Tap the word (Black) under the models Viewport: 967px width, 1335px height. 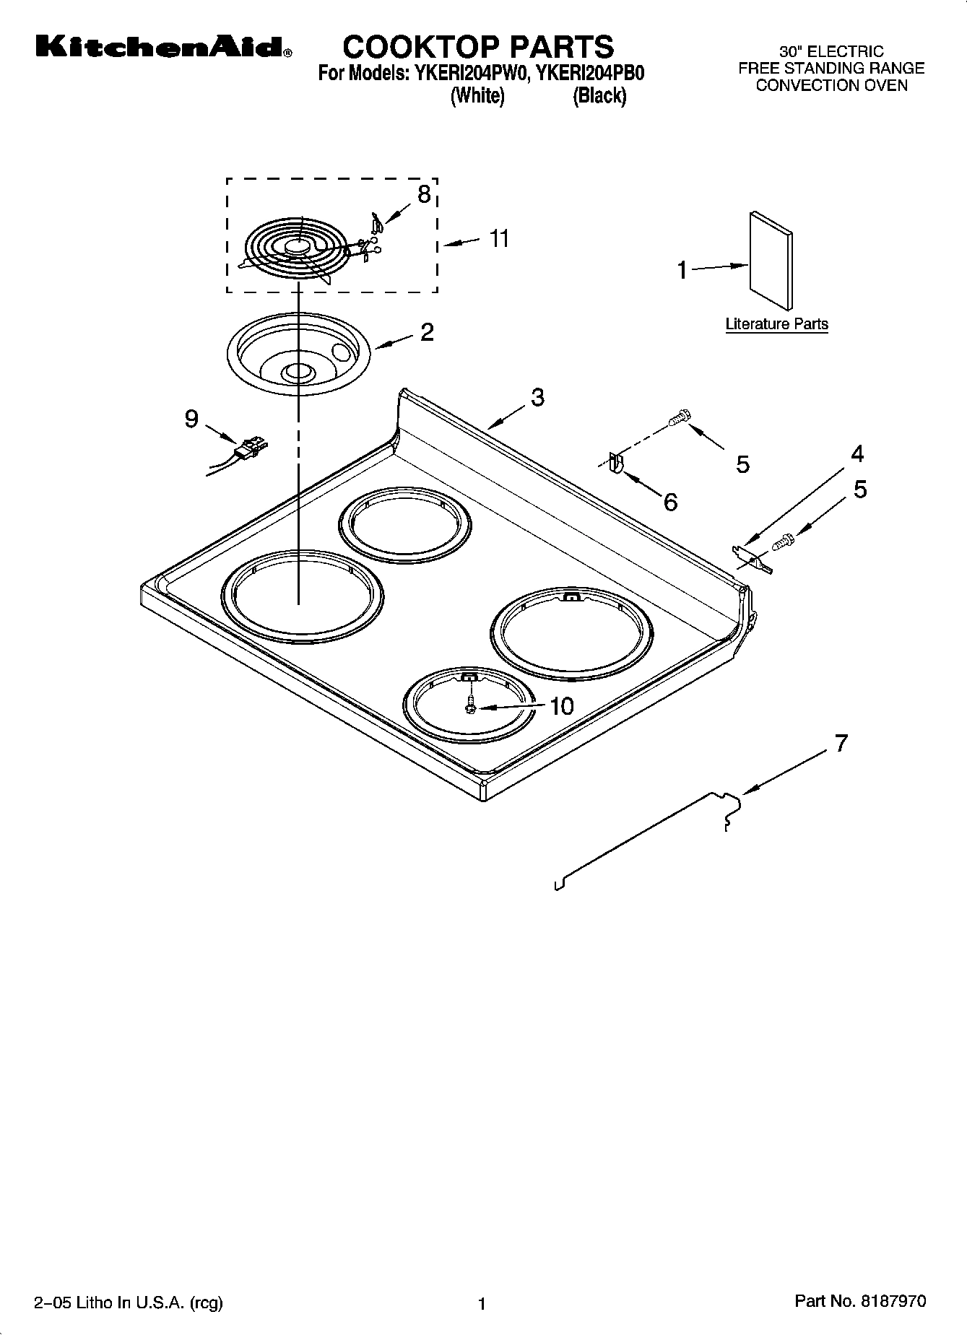pyautogui.click(x=599, y=97)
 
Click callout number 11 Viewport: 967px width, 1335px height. pyautogui.click(x=499, y=238)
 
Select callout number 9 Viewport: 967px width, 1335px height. pyautogui.click(x=191, y=419)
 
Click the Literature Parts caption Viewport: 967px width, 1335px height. pyautogui.click(x=776, y=324)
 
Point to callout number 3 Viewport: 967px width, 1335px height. pyautogui.click(x=537, y=398)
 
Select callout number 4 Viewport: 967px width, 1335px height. pyautogui.click(x=857, y=454)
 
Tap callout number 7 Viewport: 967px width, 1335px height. pyautogui.click(x=841, y=743)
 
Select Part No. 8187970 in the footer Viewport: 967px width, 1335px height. pyautogui.click(x=859, y=1301)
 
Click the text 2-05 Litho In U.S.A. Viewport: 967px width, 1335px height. pyautogui.click(x=128, y=1303)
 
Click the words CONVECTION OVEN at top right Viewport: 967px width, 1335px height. pyautogui.click(x=831, y=86)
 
